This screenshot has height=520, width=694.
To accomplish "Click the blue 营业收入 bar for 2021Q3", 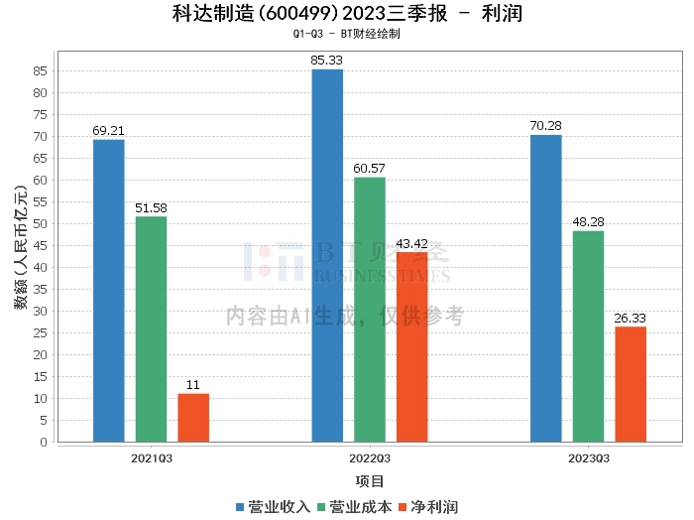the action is coord(108,291).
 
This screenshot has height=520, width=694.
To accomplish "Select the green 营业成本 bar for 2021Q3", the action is coord(151,329).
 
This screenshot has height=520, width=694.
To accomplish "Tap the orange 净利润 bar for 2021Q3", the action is coord(193,418).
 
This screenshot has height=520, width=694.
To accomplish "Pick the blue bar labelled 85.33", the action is coord(327,256).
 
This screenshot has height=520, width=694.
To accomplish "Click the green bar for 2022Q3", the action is coord(370,310).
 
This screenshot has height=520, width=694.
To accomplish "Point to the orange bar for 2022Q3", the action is coord(412,347).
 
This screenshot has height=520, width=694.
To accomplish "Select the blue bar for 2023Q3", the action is coord(545,289).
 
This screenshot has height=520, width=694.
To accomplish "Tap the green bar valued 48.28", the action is coord(588,336).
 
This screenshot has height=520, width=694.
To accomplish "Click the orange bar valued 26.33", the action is coord(631,384).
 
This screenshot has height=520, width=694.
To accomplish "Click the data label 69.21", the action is coord(108,131).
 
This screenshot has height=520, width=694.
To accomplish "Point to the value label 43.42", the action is coord(412,243).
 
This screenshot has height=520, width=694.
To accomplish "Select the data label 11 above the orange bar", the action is coord(193,384).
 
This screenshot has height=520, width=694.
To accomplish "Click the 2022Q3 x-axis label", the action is coord(370,458).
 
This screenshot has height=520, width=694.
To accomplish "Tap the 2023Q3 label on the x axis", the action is coord(589,458).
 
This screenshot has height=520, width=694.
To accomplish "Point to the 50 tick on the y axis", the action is coord(40,223).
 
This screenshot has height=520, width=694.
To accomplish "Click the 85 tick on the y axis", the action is coord(40,70).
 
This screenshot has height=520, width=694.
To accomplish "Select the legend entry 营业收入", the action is coord(273,507).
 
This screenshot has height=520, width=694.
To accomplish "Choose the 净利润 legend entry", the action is coord(428,507).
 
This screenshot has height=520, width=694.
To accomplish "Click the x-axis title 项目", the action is coord(370,481).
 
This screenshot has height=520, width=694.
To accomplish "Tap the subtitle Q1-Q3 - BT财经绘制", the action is coord(347,34).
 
